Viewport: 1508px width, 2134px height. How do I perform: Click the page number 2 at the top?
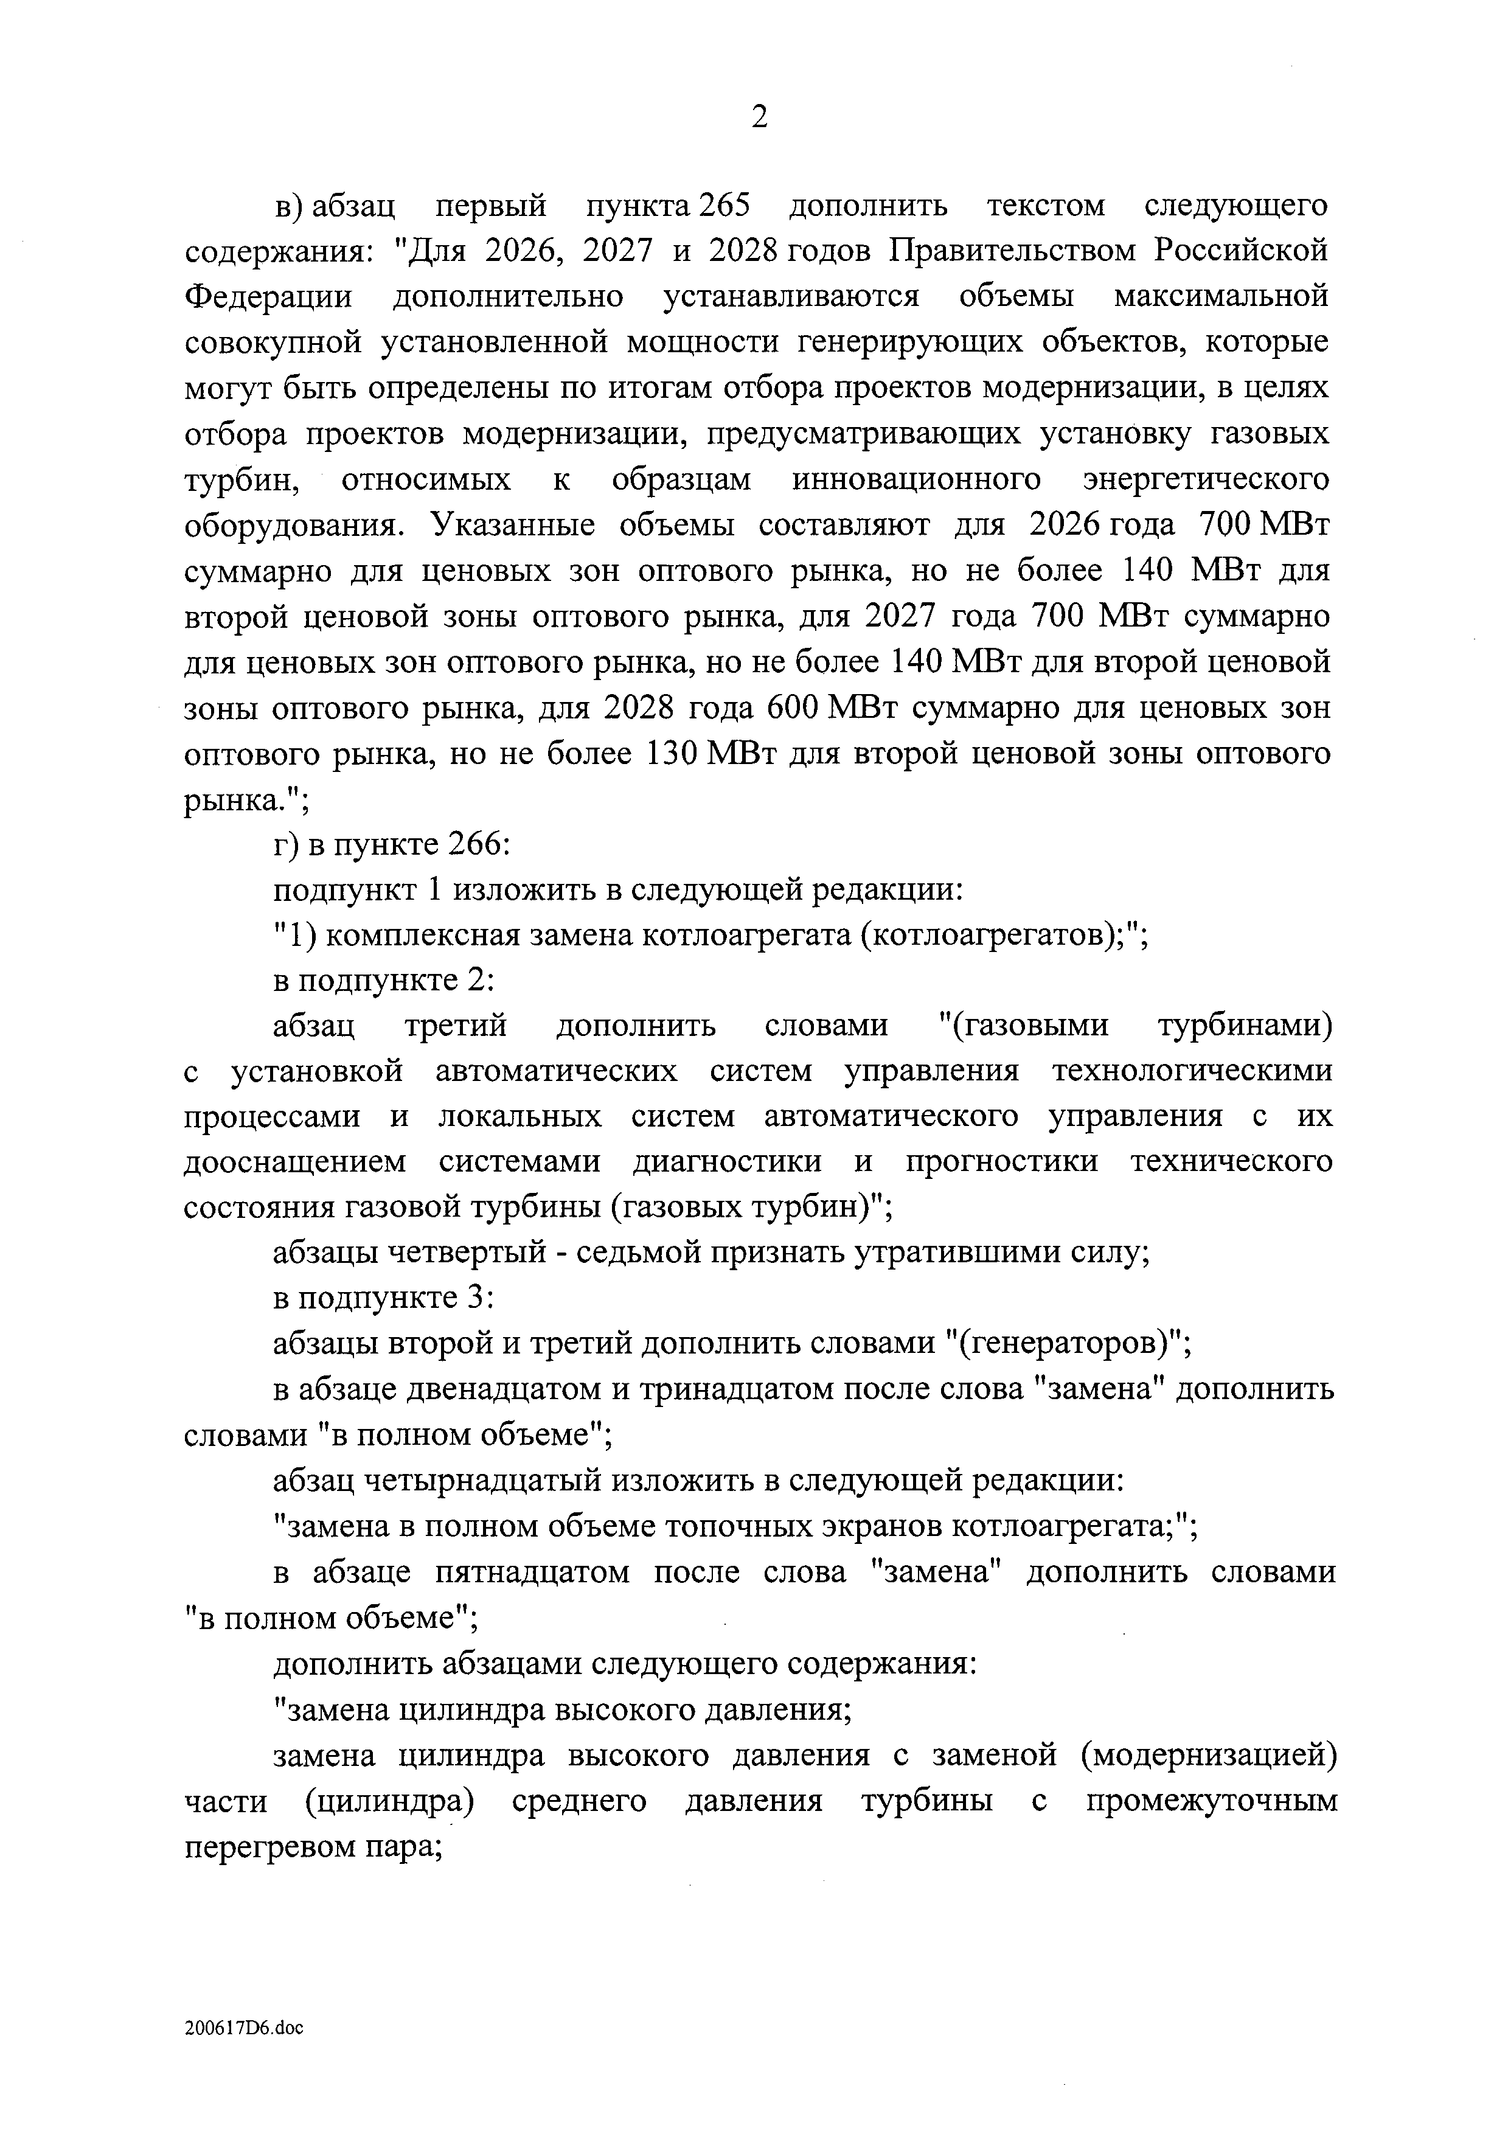click(759, 118)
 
